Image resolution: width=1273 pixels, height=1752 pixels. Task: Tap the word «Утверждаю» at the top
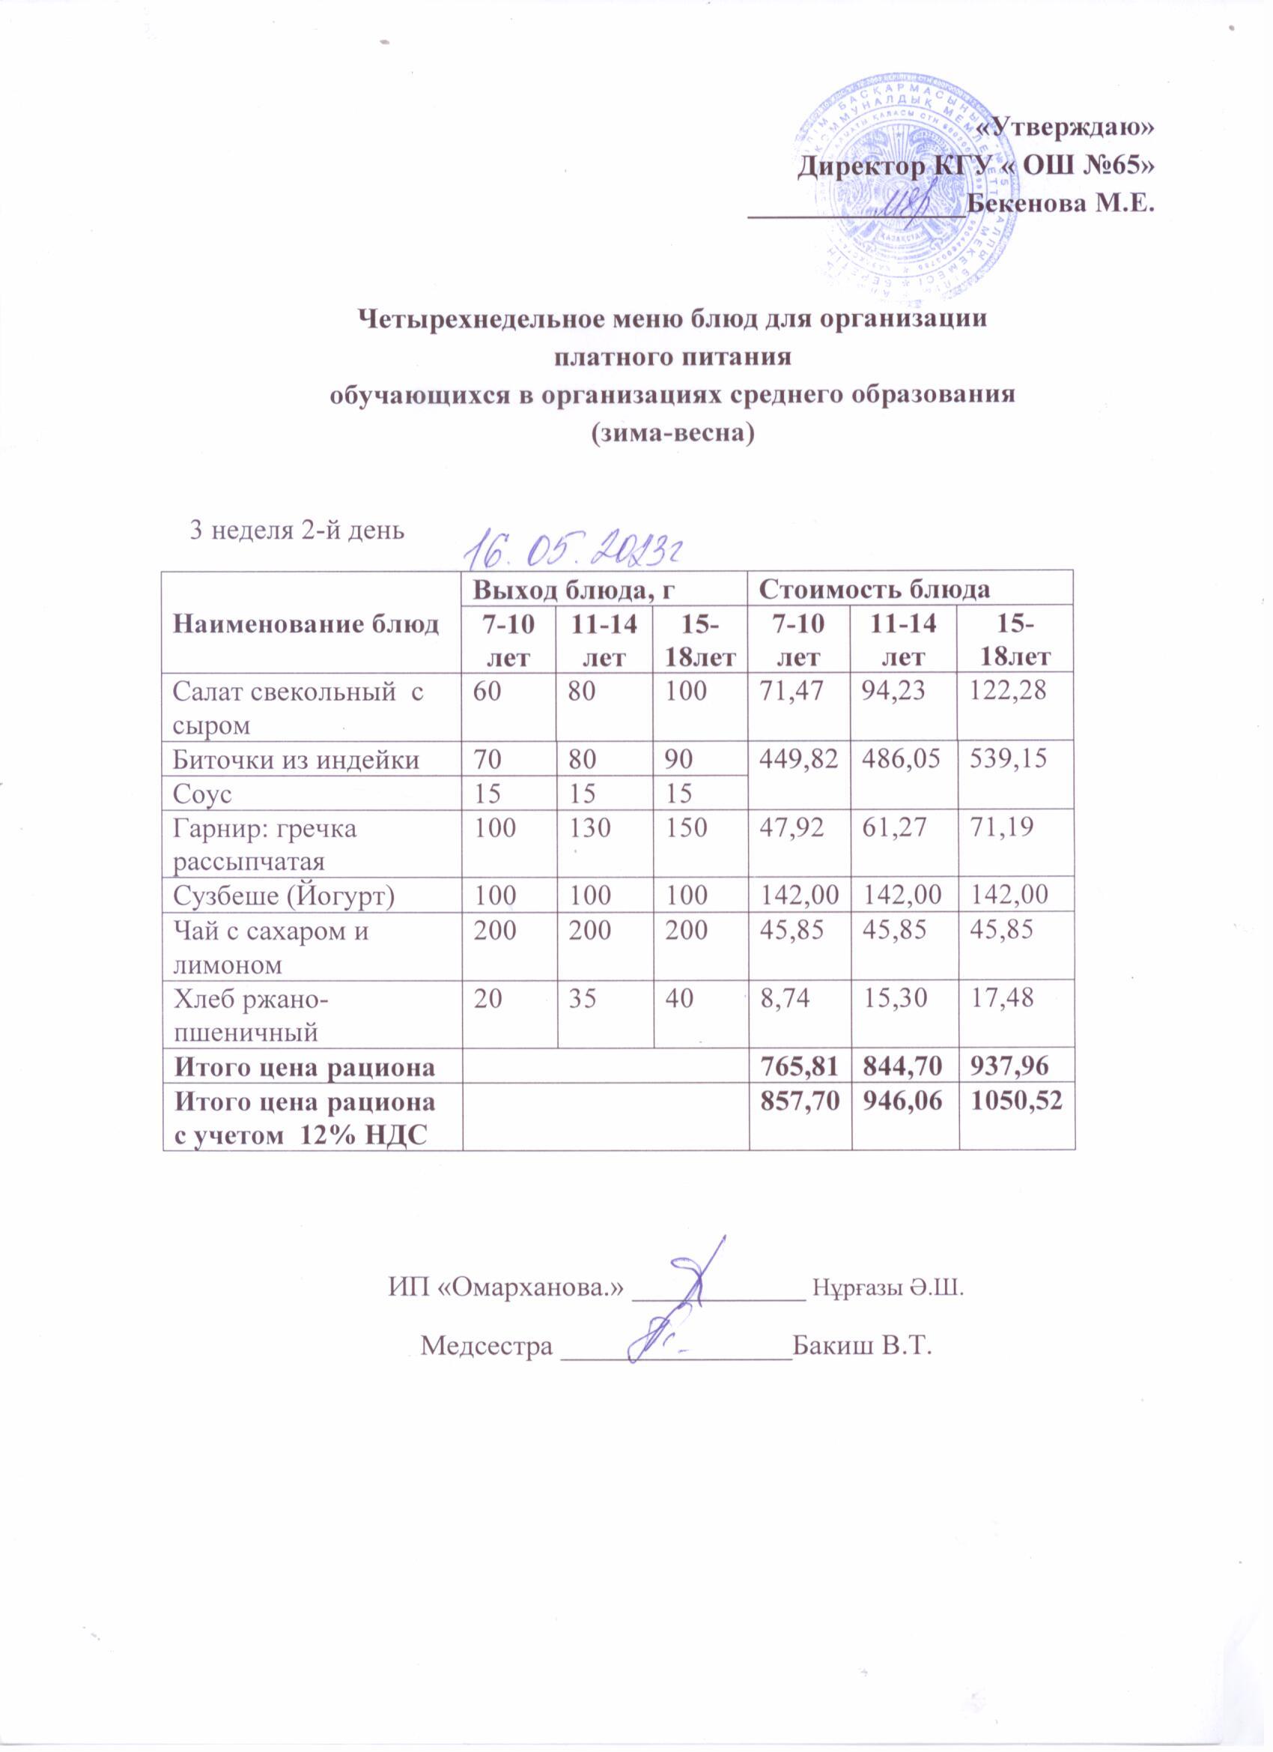pos(1066,129)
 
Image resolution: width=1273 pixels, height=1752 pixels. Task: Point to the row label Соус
pos(203,794)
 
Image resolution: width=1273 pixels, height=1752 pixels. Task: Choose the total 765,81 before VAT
pos(799,1067)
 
